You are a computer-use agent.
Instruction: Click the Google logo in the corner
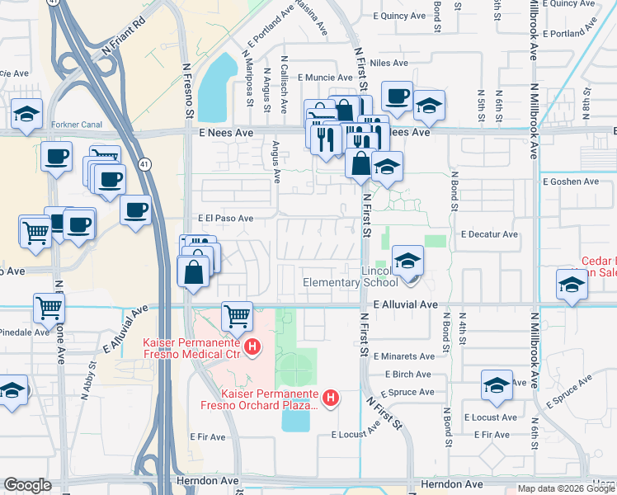27,485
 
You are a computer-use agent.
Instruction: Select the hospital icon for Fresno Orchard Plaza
331,398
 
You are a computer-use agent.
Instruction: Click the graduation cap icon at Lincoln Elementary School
407,262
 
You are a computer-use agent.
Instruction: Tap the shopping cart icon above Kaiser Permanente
237,315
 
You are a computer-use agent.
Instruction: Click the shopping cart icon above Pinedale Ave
49,309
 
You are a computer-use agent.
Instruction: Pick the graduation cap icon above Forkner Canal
26,112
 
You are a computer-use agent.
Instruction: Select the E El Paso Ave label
225,219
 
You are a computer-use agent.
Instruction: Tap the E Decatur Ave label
490,234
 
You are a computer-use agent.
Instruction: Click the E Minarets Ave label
403,356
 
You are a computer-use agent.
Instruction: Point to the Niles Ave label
389,63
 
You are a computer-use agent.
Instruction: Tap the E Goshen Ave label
570,181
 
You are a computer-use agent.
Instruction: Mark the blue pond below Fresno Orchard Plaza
294,418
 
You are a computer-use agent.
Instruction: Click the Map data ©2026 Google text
566,488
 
